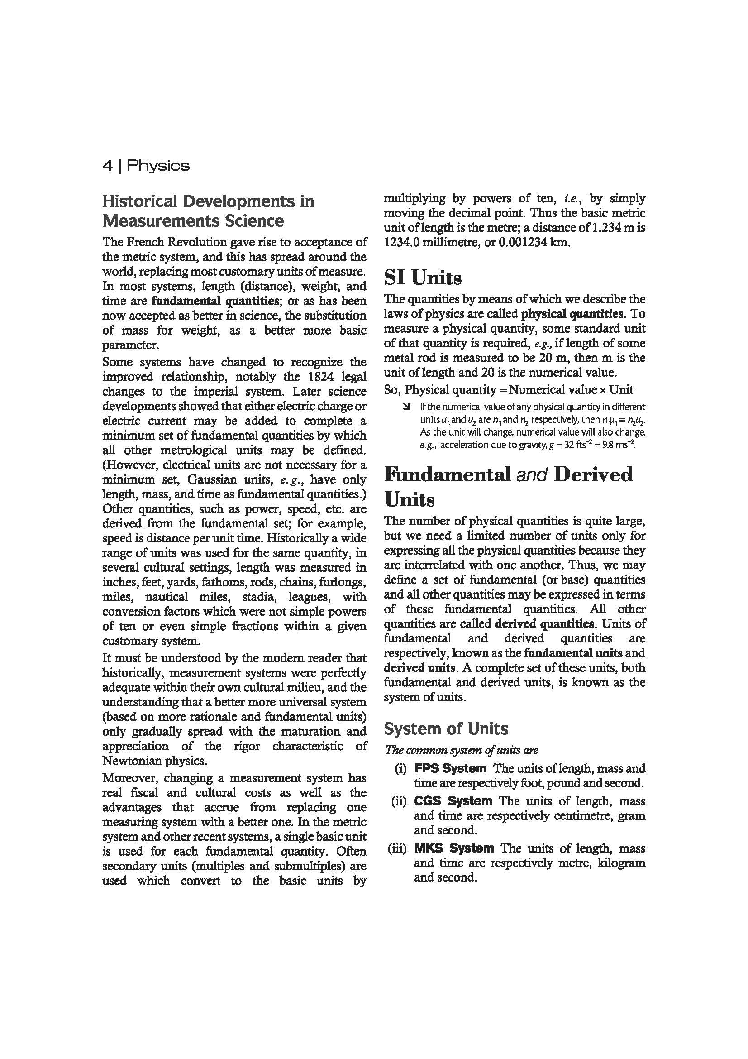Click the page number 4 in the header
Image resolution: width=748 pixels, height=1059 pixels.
107,166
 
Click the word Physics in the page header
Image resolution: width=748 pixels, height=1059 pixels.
157,166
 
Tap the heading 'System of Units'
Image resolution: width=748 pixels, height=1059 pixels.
446,729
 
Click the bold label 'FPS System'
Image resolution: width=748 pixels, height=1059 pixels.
450,768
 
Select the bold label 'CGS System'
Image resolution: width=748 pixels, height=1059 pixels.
453,801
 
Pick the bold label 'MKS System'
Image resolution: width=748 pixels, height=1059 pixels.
453,848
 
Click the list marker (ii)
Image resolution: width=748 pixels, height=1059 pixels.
399,801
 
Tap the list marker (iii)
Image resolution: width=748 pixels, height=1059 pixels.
397,848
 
